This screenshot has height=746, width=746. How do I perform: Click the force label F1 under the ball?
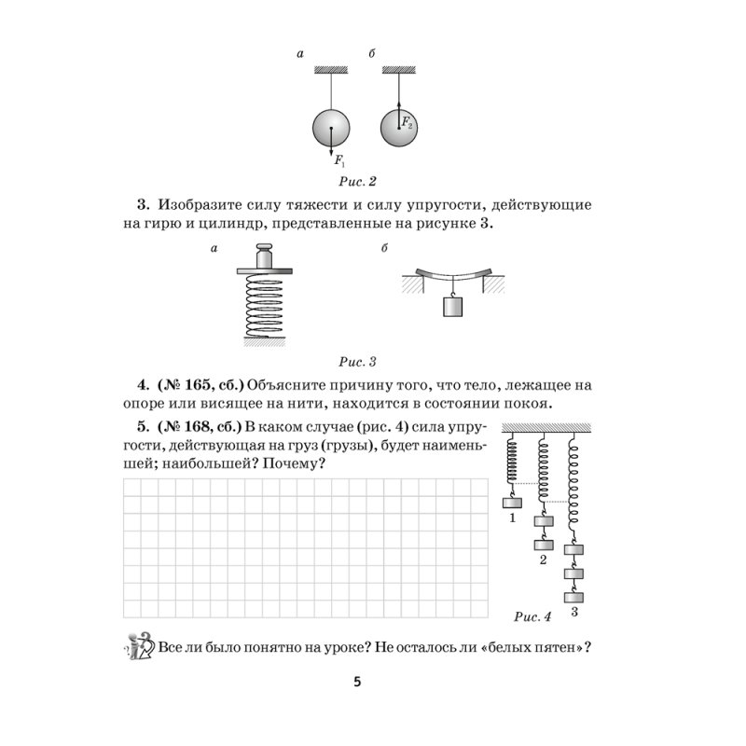click(338, 160)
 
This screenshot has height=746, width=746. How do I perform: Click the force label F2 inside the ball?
click(408, 122)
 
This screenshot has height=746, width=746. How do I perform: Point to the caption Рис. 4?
click(533, 615)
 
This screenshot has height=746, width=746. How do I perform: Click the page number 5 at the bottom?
click(357, 682)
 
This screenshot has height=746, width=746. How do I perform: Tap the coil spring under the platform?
click(264, 308)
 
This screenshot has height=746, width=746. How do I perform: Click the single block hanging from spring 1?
click(512, 504)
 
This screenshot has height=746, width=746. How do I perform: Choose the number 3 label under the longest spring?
click(574, 612)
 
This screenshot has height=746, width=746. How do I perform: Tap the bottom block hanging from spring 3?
click(575, 595)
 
